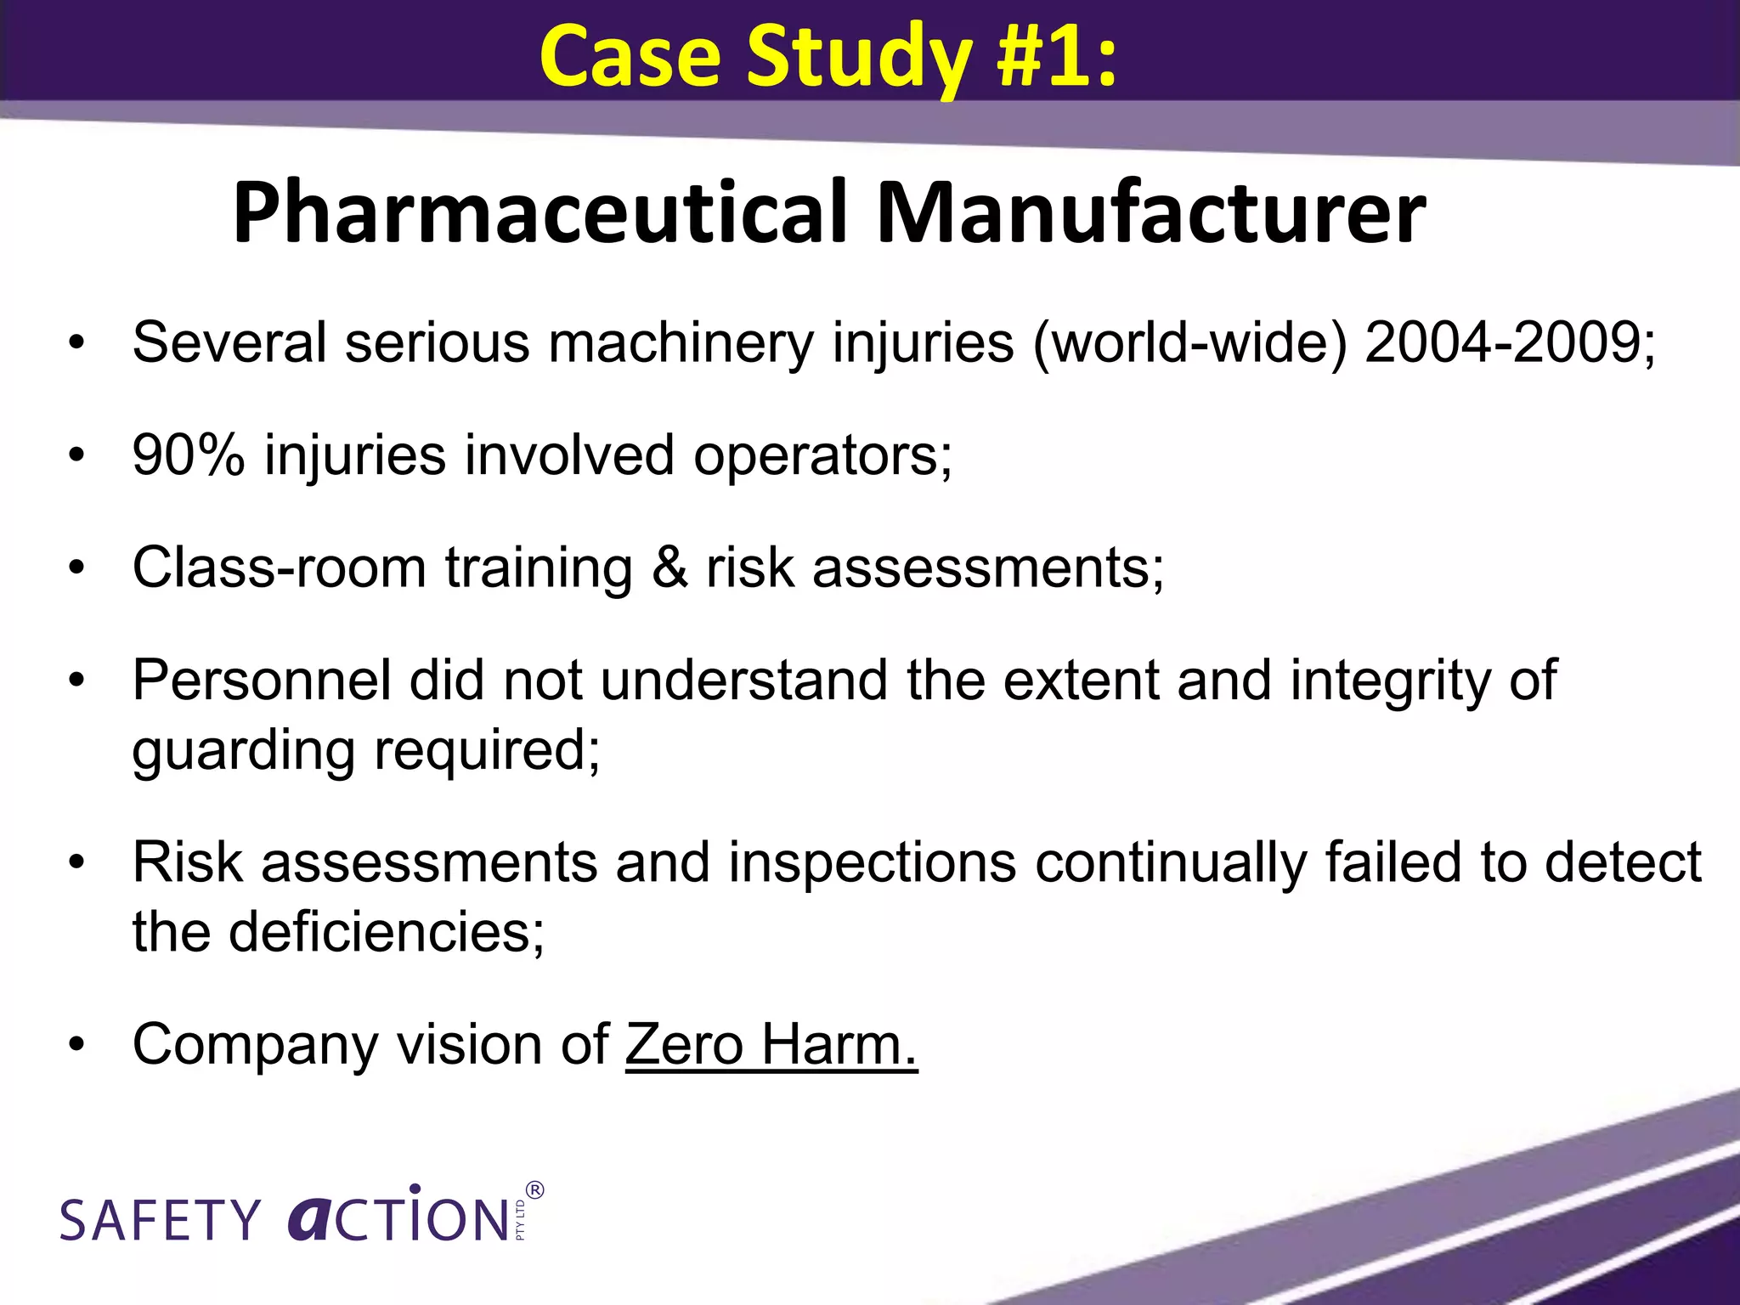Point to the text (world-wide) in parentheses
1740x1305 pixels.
coord(1189,344)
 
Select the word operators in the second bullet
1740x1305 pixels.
coord(822,456)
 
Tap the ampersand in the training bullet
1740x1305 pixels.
coord(669,567)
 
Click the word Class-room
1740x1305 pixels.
coord(279,567)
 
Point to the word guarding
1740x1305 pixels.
coord(243,752)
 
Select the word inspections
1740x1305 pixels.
coord(872,862)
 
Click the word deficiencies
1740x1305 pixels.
coord(386,932)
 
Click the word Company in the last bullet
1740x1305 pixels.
coord(255,1045)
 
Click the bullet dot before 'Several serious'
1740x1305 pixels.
coord(77,344)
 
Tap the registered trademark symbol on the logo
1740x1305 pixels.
coord(534,1190)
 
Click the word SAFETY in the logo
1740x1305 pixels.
coord(160,1220)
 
